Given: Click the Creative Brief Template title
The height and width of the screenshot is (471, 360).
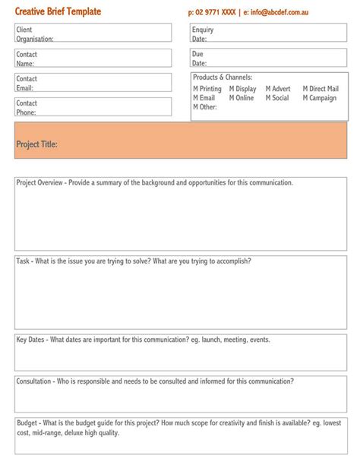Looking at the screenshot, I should coord(58,12).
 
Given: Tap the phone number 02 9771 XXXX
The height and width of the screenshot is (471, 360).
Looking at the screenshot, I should coord(216,13).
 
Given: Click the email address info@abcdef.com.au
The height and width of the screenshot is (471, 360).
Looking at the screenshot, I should coord(280,13).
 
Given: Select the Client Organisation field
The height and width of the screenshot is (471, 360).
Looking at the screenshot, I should coord(93,34).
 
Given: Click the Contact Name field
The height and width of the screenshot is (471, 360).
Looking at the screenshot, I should coord(93,58).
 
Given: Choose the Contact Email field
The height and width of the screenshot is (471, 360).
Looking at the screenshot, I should coord(93,83).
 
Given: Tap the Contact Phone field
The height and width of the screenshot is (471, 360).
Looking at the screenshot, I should coord(93,107).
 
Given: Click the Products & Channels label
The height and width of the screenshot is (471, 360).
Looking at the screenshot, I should coord(223,77).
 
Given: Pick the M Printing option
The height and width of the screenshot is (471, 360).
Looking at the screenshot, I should coord(207,89).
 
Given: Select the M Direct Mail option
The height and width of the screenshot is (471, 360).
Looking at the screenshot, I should coord(321,89).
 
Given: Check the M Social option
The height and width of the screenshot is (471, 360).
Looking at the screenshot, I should coord(277,98).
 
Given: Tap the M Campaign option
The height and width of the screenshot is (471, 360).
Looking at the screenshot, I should coord(319,98).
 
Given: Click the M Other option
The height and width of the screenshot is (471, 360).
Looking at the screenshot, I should coord(205,107).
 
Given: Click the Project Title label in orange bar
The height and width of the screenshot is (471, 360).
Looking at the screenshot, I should coord(36,144).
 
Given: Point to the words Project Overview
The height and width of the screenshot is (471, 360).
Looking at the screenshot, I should coord(39,183).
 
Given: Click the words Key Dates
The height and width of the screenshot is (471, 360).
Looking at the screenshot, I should coord(31,340).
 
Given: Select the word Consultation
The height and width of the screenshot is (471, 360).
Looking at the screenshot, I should coord(34,381).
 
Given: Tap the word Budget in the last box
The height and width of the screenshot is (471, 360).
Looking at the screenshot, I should coord(27,423).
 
